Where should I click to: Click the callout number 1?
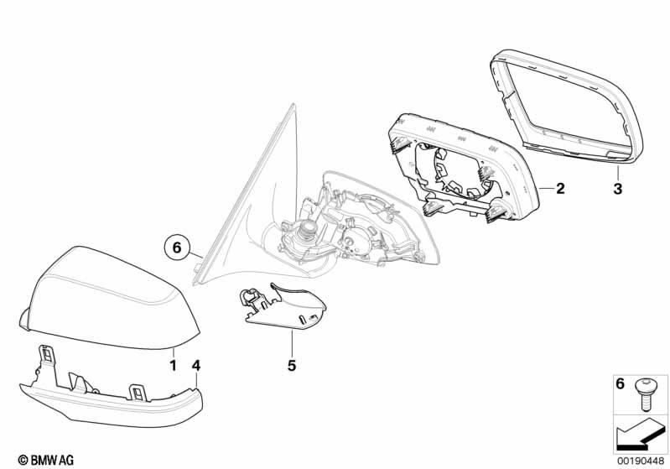[x=174, y=366]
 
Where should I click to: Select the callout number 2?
[x=560, y=189]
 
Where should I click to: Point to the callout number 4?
[x=195, y=366]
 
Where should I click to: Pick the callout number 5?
[x=293, y=366]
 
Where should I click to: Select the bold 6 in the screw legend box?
[x=621, y=385]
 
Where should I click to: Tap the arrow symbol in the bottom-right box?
[x=640, y=434]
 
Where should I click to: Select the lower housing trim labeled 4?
[x=109, y=399]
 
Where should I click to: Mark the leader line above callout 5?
[x=293, y=344]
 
